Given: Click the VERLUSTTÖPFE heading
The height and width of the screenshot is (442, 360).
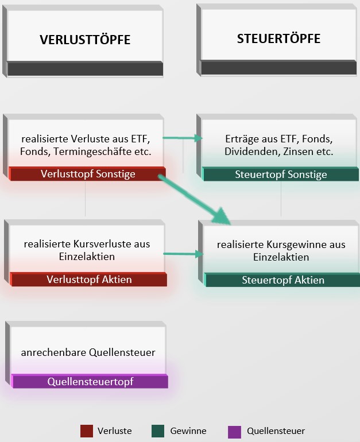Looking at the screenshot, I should [85, 40].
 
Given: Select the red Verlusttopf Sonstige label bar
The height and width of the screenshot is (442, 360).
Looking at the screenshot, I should [88, 174].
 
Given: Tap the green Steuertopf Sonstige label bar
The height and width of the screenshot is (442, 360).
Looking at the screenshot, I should [281, 175].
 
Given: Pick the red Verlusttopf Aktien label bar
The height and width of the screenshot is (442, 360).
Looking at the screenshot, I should [89, 280].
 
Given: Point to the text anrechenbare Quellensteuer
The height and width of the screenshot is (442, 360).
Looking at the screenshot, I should [88, 352].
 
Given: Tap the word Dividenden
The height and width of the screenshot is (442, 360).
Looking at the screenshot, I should [250, 152].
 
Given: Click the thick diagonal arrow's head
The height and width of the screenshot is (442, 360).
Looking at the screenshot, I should [222, 216].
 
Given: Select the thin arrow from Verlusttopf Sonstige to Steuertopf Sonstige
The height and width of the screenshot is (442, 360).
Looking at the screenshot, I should [183, 138].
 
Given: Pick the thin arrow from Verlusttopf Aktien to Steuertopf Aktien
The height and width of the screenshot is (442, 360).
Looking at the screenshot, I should [183, 253].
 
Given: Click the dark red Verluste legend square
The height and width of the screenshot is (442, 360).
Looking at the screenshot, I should [87, 431].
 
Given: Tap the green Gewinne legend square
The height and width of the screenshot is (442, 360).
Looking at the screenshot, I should [158, 431].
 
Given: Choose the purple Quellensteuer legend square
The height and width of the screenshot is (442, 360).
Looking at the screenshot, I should [234, 431].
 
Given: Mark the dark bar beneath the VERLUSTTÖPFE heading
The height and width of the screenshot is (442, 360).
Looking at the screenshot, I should [85, 69].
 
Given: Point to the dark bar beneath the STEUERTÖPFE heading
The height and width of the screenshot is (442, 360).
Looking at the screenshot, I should [278, 68].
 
